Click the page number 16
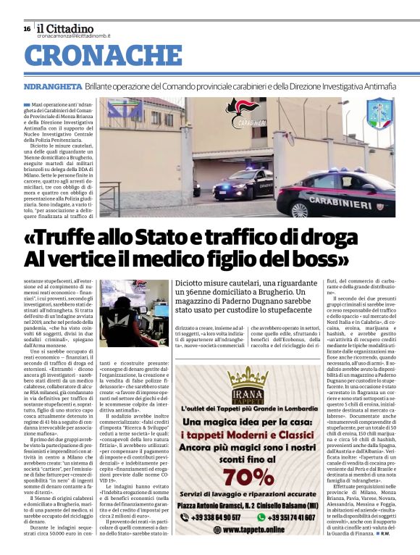[x=27, y=28]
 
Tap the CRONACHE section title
[x=104, y=55]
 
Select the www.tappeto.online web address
[x=248, y=530]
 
